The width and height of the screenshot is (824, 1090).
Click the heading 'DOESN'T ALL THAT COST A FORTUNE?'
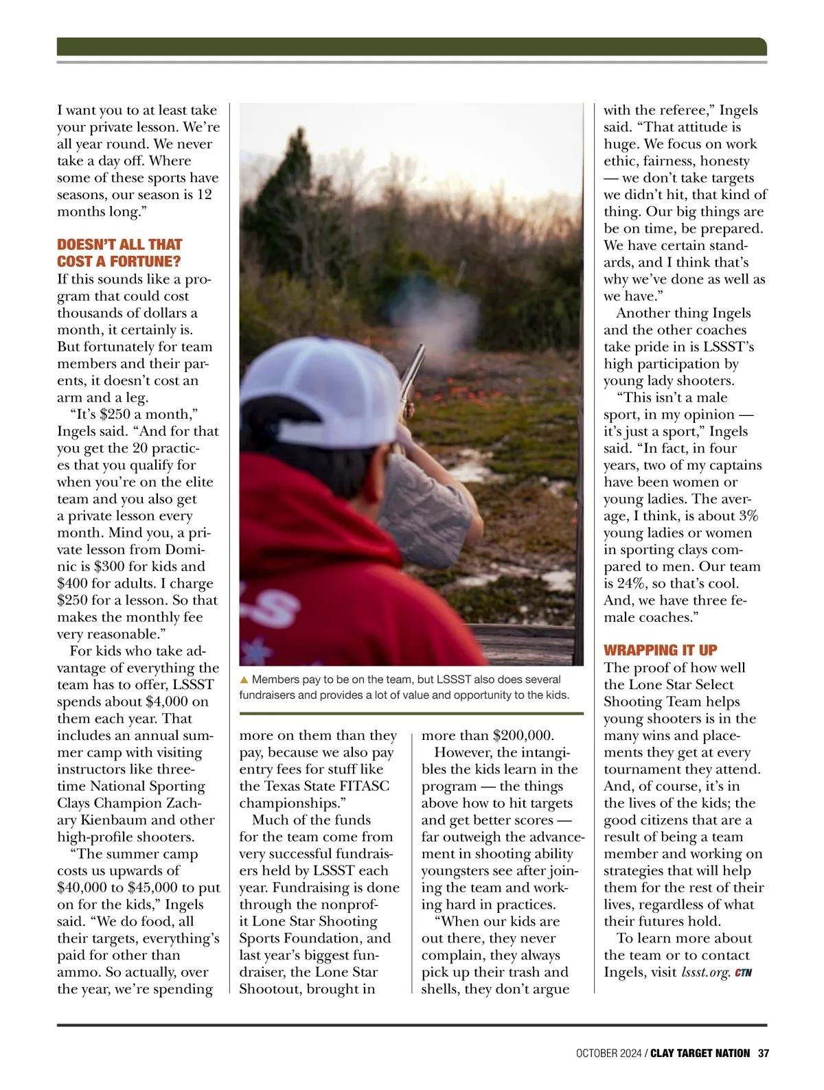click(119, 253)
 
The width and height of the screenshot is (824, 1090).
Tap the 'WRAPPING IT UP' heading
click(660, 650)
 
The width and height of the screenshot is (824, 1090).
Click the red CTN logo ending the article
click(743, 973)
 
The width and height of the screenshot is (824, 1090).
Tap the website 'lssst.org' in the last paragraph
click(705, 973)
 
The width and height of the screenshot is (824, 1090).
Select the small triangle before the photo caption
click(244, 680)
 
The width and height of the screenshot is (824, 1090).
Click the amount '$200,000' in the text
click(523, 735)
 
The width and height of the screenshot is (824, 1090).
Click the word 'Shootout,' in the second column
click(272, 989)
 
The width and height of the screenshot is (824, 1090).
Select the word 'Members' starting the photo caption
click(275, 680)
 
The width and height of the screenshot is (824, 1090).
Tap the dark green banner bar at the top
click(411, 46)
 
